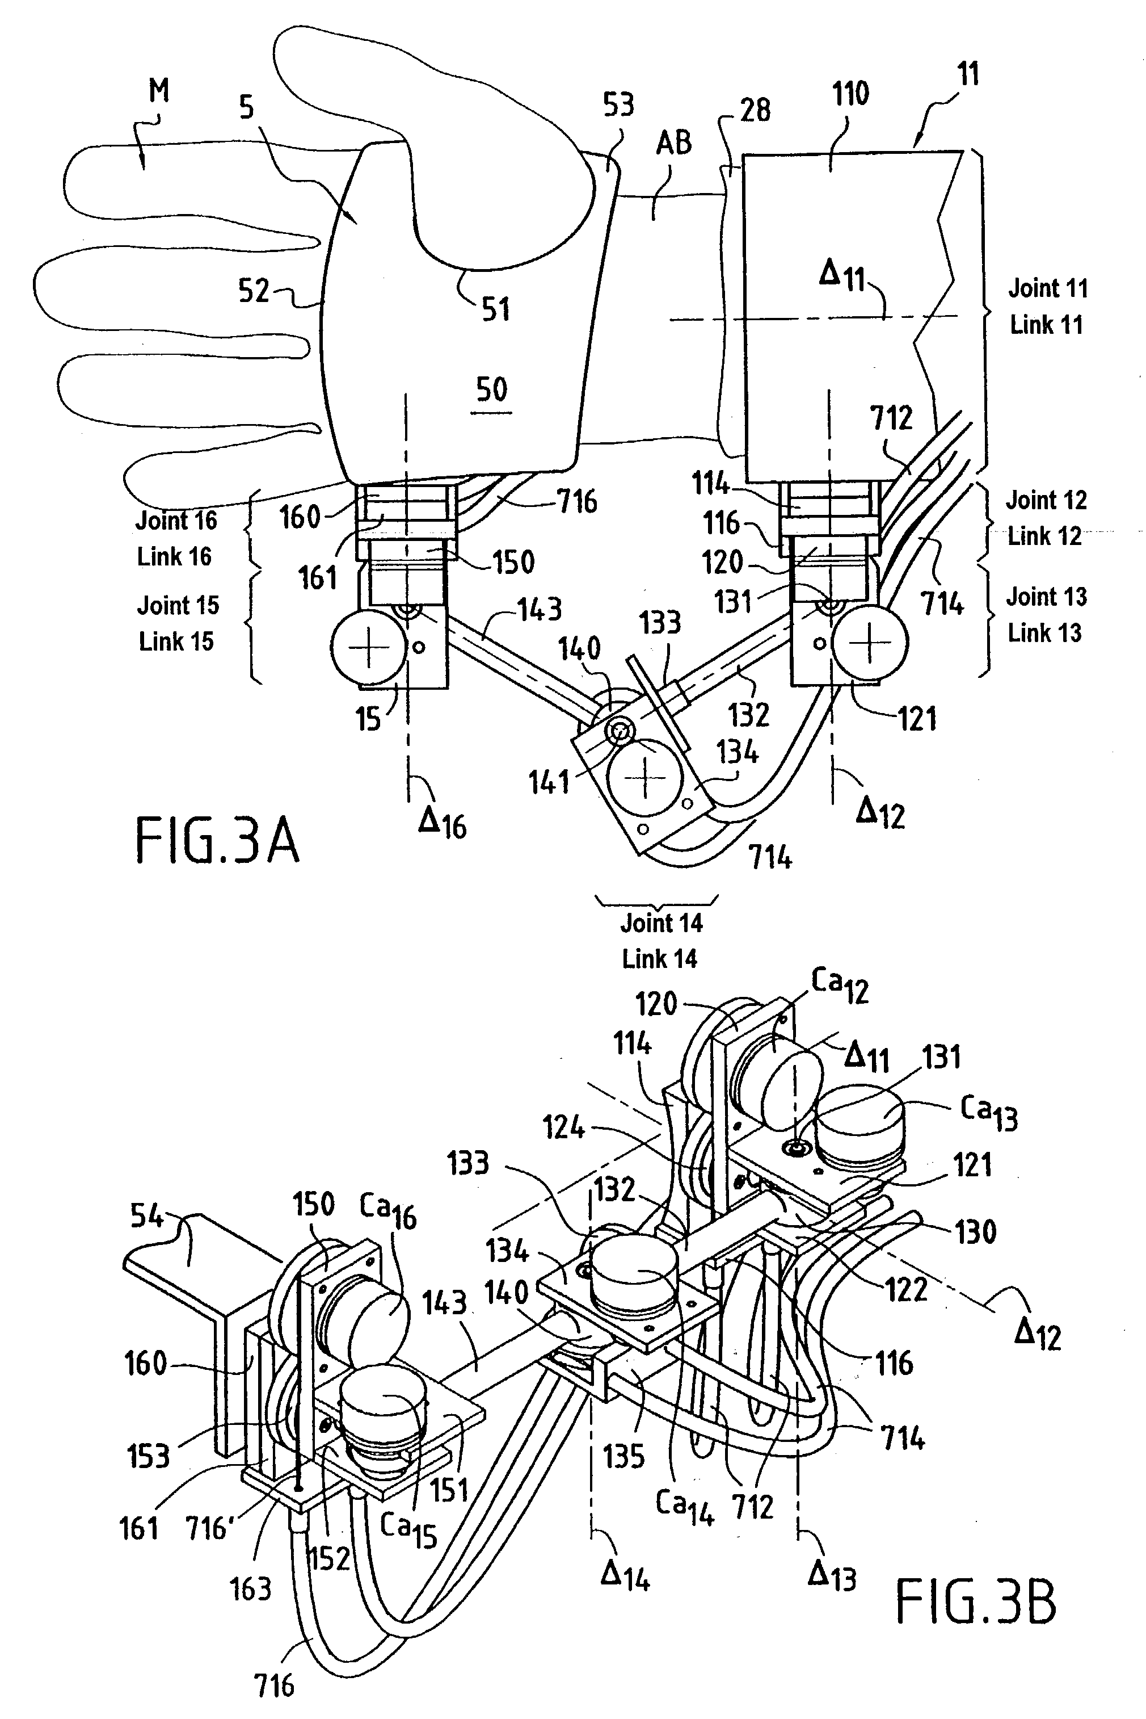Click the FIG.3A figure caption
point(217,841)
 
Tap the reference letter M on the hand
point(159,91)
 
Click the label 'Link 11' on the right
point(1046,325)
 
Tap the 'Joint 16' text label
point(176,521)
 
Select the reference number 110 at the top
point(850,94)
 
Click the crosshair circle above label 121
point(869,643)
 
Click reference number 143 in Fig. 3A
point(540,609)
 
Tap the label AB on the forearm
point(673,143)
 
